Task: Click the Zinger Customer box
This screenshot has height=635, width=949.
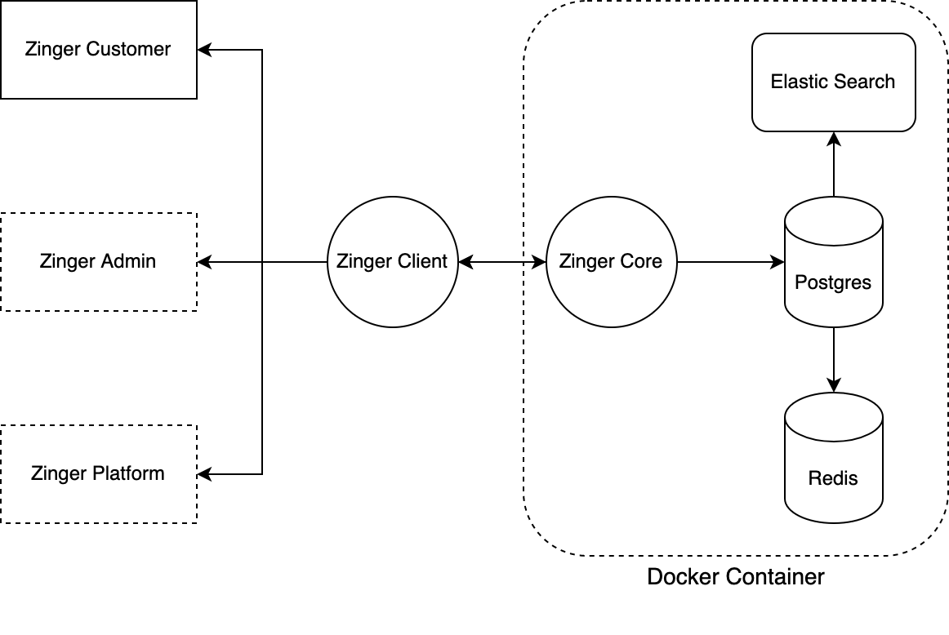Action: (x=98, y=50)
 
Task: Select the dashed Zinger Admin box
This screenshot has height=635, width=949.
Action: (x=98, y=262)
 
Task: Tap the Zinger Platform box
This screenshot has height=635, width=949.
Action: (x=98, y=474)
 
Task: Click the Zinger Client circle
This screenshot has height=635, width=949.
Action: (x=392, y=262)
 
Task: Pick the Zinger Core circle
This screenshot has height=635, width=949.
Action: (x=611, y=262)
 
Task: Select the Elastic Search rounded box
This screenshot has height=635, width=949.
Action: (x=833, y=82)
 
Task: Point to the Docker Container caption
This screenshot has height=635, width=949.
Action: (x=736, y=577)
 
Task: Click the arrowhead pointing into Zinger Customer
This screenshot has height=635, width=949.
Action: (x=203, y=50)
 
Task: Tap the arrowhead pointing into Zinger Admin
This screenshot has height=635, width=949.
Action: (x=203, y=262)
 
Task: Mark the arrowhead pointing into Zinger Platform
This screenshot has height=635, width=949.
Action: (x=203, y=474)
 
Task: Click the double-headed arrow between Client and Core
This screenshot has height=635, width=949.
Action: (x=501, y=262)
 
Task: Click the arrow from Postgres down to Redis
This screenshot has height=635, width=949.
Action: (x=833, y=359)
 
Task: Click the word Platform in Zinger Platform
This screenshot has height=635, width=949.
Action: (x=127, y=473)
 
